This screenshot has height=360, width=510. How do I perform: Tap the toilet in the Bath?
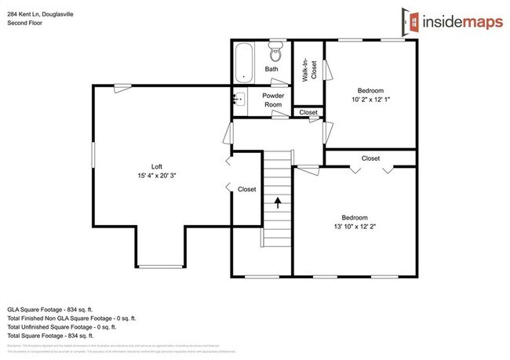275,53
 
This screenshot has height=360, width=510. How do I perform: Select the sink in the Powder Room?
240,99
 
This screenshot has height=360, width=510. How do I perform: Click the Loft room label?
157,166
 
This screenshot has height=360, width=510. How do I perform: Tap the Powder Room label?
273,100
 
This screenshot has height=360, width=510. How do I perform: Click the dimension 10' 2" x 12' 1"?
370,99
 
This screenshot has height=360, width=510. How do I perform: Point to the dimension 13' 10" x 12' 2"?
354,227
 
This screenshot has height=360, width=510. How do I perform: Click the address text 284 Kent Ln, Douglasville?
40,13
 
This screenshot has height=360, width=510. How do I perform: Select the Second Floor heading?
26,24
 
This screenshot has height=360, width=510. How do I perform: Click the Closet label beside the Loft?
246,189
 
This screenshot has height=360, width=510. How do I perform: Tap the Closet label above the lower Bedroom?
370,158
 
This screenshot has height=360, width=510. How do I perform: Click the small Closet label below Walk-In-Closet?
308,113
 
